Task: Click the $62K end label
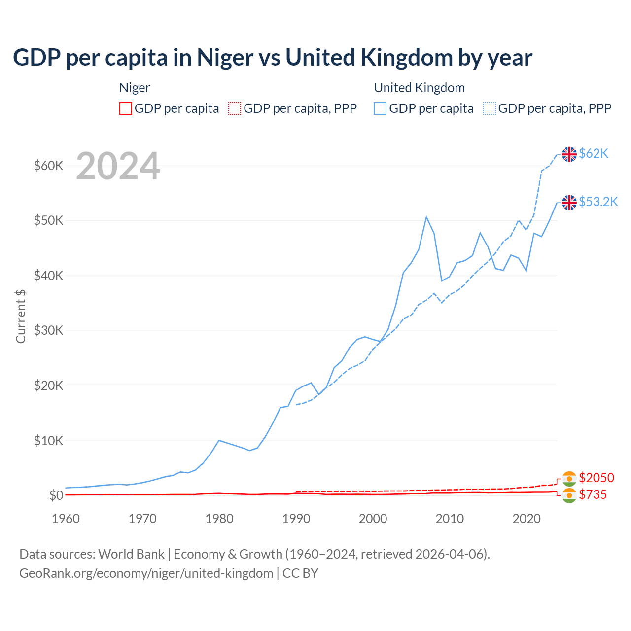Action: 594,153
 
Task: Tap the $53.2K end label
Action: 598,202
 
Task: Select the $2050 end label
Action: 596,478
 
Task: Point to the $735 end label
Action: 593,494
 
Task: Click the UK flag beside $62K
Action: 569,154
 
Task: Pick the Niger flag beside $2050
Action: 569,478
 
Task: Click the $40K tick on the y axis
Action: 48,276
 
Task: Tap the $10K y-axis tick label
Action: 48,441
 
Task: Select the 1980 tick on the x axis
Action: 219,519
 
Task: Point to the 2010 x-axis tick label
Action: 450,519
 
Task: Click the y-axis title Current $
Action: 21,316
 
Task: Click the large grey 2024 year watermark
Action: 118,166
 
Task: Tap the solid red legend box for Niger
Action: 126,108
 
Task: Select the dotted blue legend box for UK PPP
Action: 490,108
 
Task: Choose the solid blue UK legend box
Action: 380,108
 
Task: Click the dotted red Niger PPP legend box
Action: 235,108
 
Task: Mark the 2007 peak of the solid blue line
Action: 426,217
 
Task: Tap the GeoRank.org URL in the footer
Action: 146,573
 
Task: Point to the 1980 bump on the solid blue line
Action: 219,440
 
